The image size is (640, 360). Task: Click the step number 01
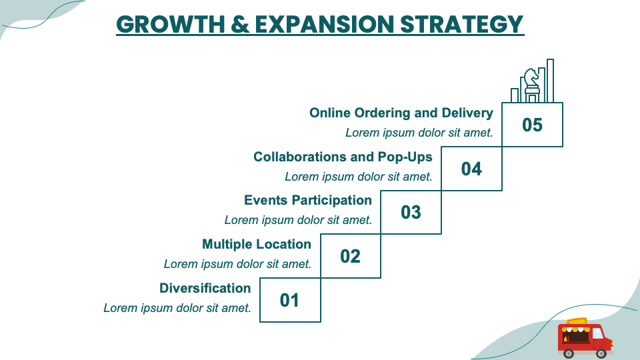(x=289, y=300)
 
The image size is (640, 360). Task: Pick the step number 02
(x=350, y=256)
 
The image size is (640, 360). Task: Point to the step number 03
(x=411, y=212)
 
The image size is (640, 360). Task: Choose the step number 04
(x=471, y=169)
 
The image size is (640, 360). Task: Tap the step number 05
(x=532, y=125)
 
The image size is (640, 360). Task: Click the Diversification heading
(x=205, y=288)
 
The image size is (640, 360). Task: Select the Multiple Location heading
(x=257, y=244)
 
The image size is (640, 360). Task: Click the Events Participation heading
(x=308, y=200)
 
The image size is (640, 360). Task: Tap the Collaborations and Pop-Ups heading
(x=343, y=157)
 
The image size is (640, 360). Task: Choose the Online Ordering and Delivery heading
(x=401, y=113)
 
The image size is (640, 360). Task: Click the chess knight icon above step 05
(x=531, y=83)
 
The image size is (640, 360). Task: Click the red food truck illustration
(x=584, y=337)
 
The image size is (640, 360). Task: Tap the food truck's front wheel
(x=601, y=351)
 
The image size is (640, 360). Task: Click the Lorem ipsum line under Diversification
(x=177, y=308)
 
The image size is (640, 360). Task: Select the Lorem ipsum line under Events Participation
(x=298, y=220)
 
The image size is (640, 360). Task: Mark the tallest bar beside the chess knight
(x=551, y=80)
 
